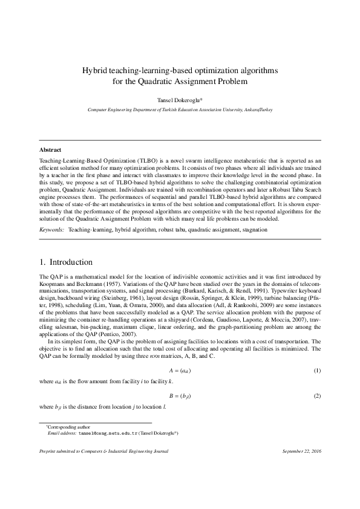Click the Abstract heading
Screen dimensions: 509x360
(50, 149)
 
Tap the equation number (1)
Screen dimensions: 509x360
(316, 369)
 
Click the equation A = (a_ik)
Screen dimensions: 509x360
(180, 369)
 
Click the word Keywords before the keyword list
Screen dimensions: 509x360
(52, 231)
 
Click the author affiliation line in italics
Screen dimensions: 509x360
(180, 110)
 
